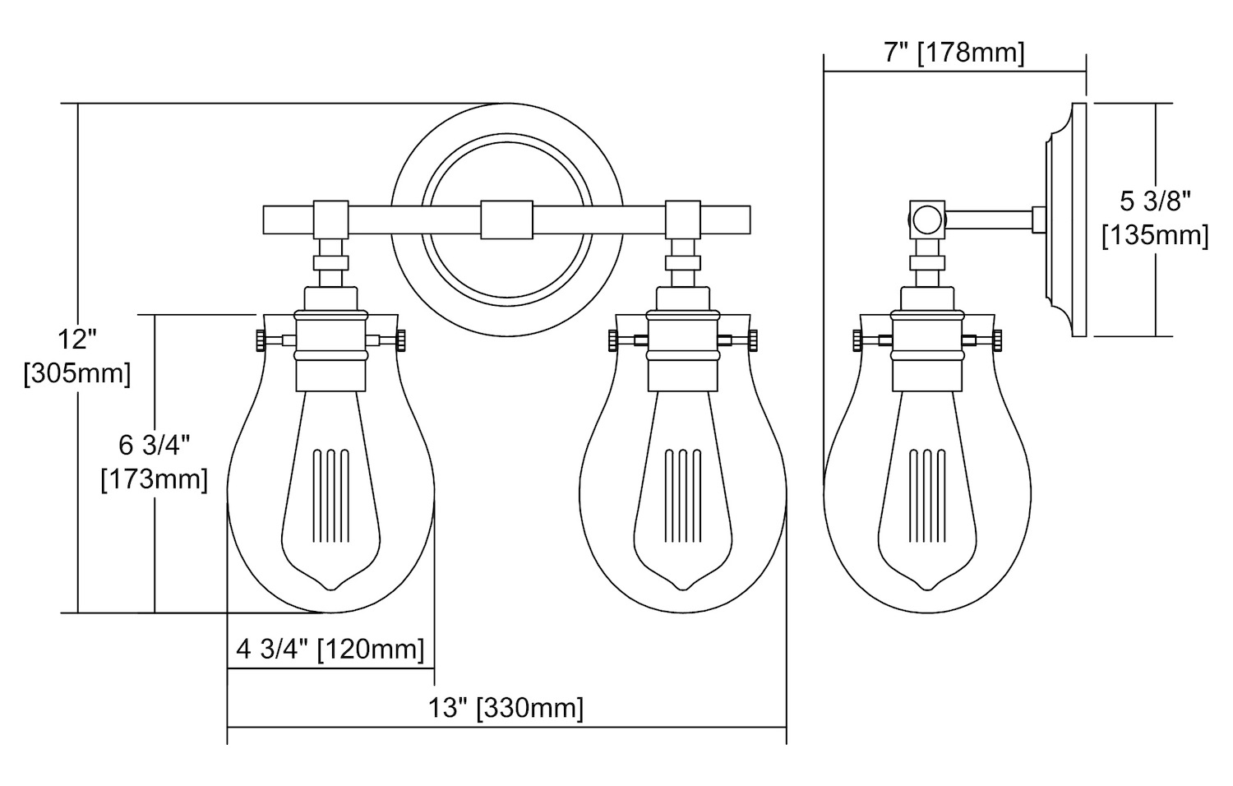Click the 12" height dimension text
point(77,340)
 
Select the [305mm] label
point(77,374)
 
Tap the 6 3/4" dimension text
point(155,446)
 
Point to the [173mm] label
point(155,480)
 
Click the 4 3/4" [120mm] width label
point(330,650)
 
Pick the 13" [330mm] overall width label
point(506,708)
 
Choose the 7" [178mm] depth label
point(954,53)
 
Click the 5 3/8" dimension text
point(1156,201)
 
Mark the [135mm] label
point(1156,236)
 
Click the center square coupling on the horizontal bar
point(506,220)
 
